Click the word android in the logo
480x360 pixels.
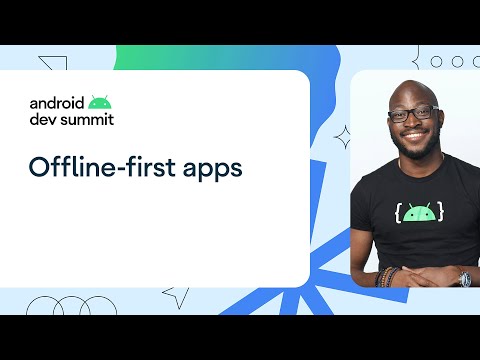click(x=56, y=102)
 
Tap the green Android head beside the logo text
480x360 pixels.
click(x=98, y=101)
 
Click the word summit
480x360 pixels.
click(x=86, y=119)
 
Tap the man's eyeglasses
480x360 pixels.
click(x=413, y=113)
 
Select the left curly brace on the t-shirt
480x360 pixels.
click(x=398, y=213)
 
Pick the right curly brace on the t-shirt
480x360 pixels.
click(x=442, y=212)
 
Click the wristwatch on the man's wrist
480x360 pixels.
click(x=463, y=278)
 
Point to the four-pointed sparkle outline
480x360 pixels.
click(x=342, y=136)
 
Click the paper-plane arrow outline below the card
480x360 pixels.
click(x=177, y=294)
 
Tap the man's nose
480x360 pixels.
click(x=414, y=125)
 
